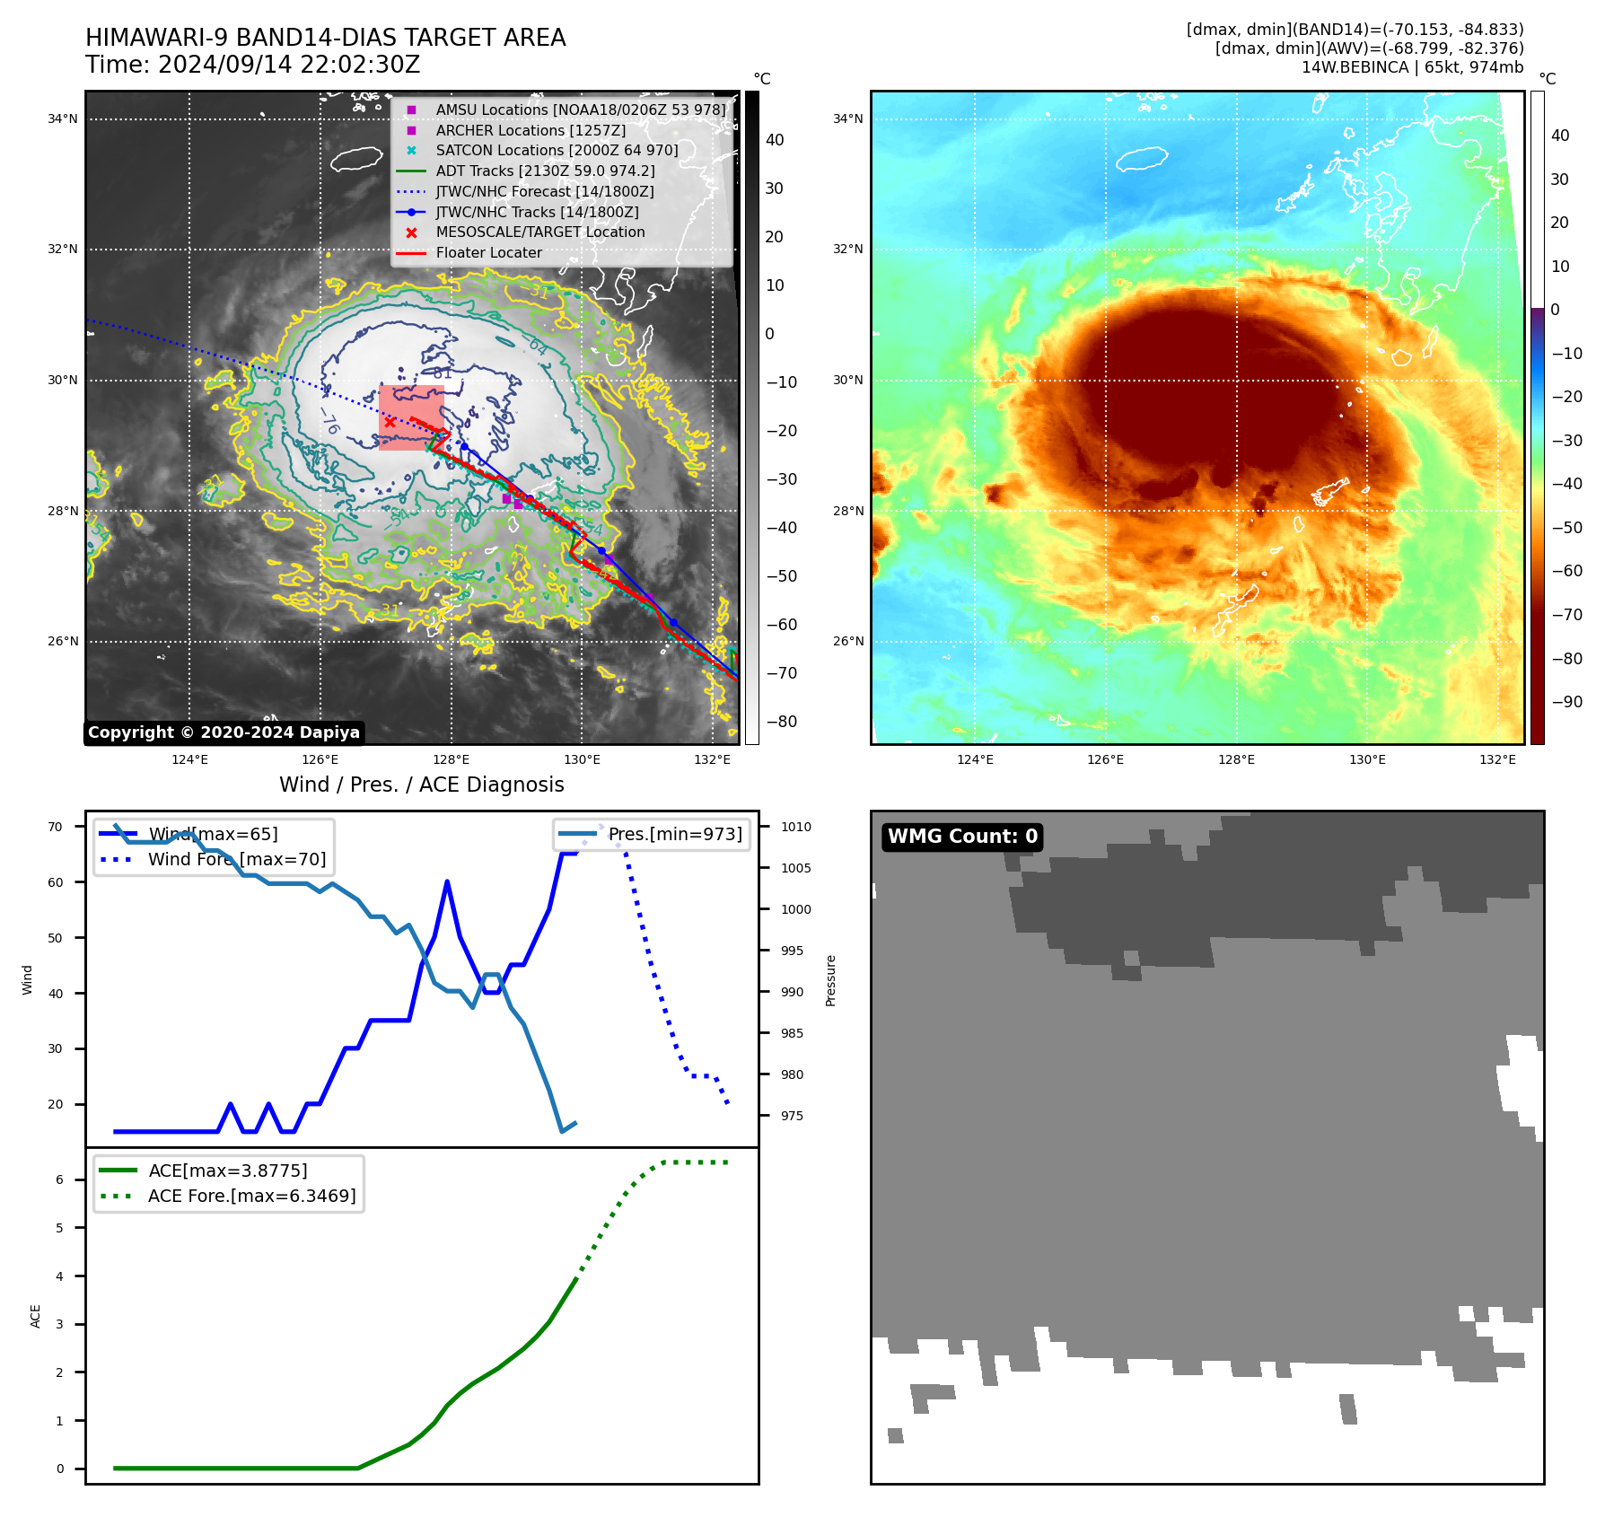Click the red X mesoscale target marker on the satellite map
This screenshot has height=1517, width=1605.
pyautogui.click(x=390, y=422)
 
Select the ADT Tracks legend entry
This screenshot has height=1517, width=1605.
pyautogui.click(x=545, y=171)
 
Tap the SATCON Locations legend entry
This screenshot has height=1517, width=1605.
pyautogui.click(x=557, y=150)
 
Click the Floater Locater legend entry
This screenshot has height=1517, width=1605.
pyautogui.click(x=488, y=252)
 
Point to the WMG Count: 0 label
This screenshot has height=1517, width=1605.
pyautogui.click(x=962, y=837)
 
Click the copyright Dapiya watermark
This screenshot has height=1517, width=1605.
pyautogui.click(x=224, y=732)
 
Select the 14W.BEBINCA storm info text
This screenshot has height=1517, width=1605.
pyautogui.click(x=1412, y=67)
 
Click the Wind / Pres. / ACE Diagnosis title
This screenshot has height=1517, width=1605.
pyautogui.click(x=422, y=785)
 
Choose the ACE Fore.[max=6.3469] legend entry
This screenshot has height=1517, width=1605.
pyautogui.click(x=251, y=1196)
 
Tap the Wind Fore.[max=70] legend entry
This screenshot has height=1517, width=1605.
pyautogui.click(x=237, y=859)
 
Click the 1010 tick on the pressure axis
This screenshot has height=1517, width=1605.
pyautogui.click(x=795, y=827)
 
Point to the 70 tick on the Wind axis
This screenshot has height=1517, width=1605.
pyautogui.click(x=56, y=827)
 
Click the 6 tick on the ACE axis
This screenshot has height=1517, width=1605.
pyautogui.click(x=60, y=1179)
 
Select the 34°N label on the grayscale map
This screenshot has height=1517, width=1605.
pyautogui.click(x=63, y=118)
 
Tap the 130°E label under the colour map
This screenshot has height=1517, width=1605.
pyautogui.click(x=1367, y=759)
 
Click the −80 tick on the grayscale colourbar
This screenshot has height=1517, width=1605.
pyautogui.click(x=781, y=722)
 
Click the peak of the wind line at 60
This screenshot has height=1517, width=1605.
pyautogui.click(x=447, y=882)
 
